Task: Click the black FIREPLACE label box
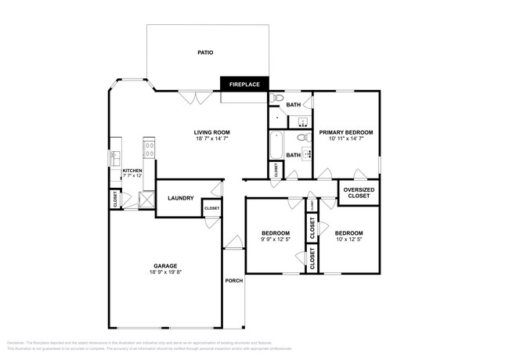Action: tap(244, 84)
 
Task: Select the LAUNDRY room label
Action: tap(180, 198)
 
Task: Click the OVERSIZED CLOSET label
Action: tap(359, 193)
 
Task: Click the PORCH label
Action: tap(233, 280)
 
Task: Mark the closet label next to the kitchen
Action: tap(114, 200)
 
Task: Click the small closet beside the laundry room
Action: tap(211, 208)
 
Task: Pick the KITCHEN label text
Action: tap(132, 170)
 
